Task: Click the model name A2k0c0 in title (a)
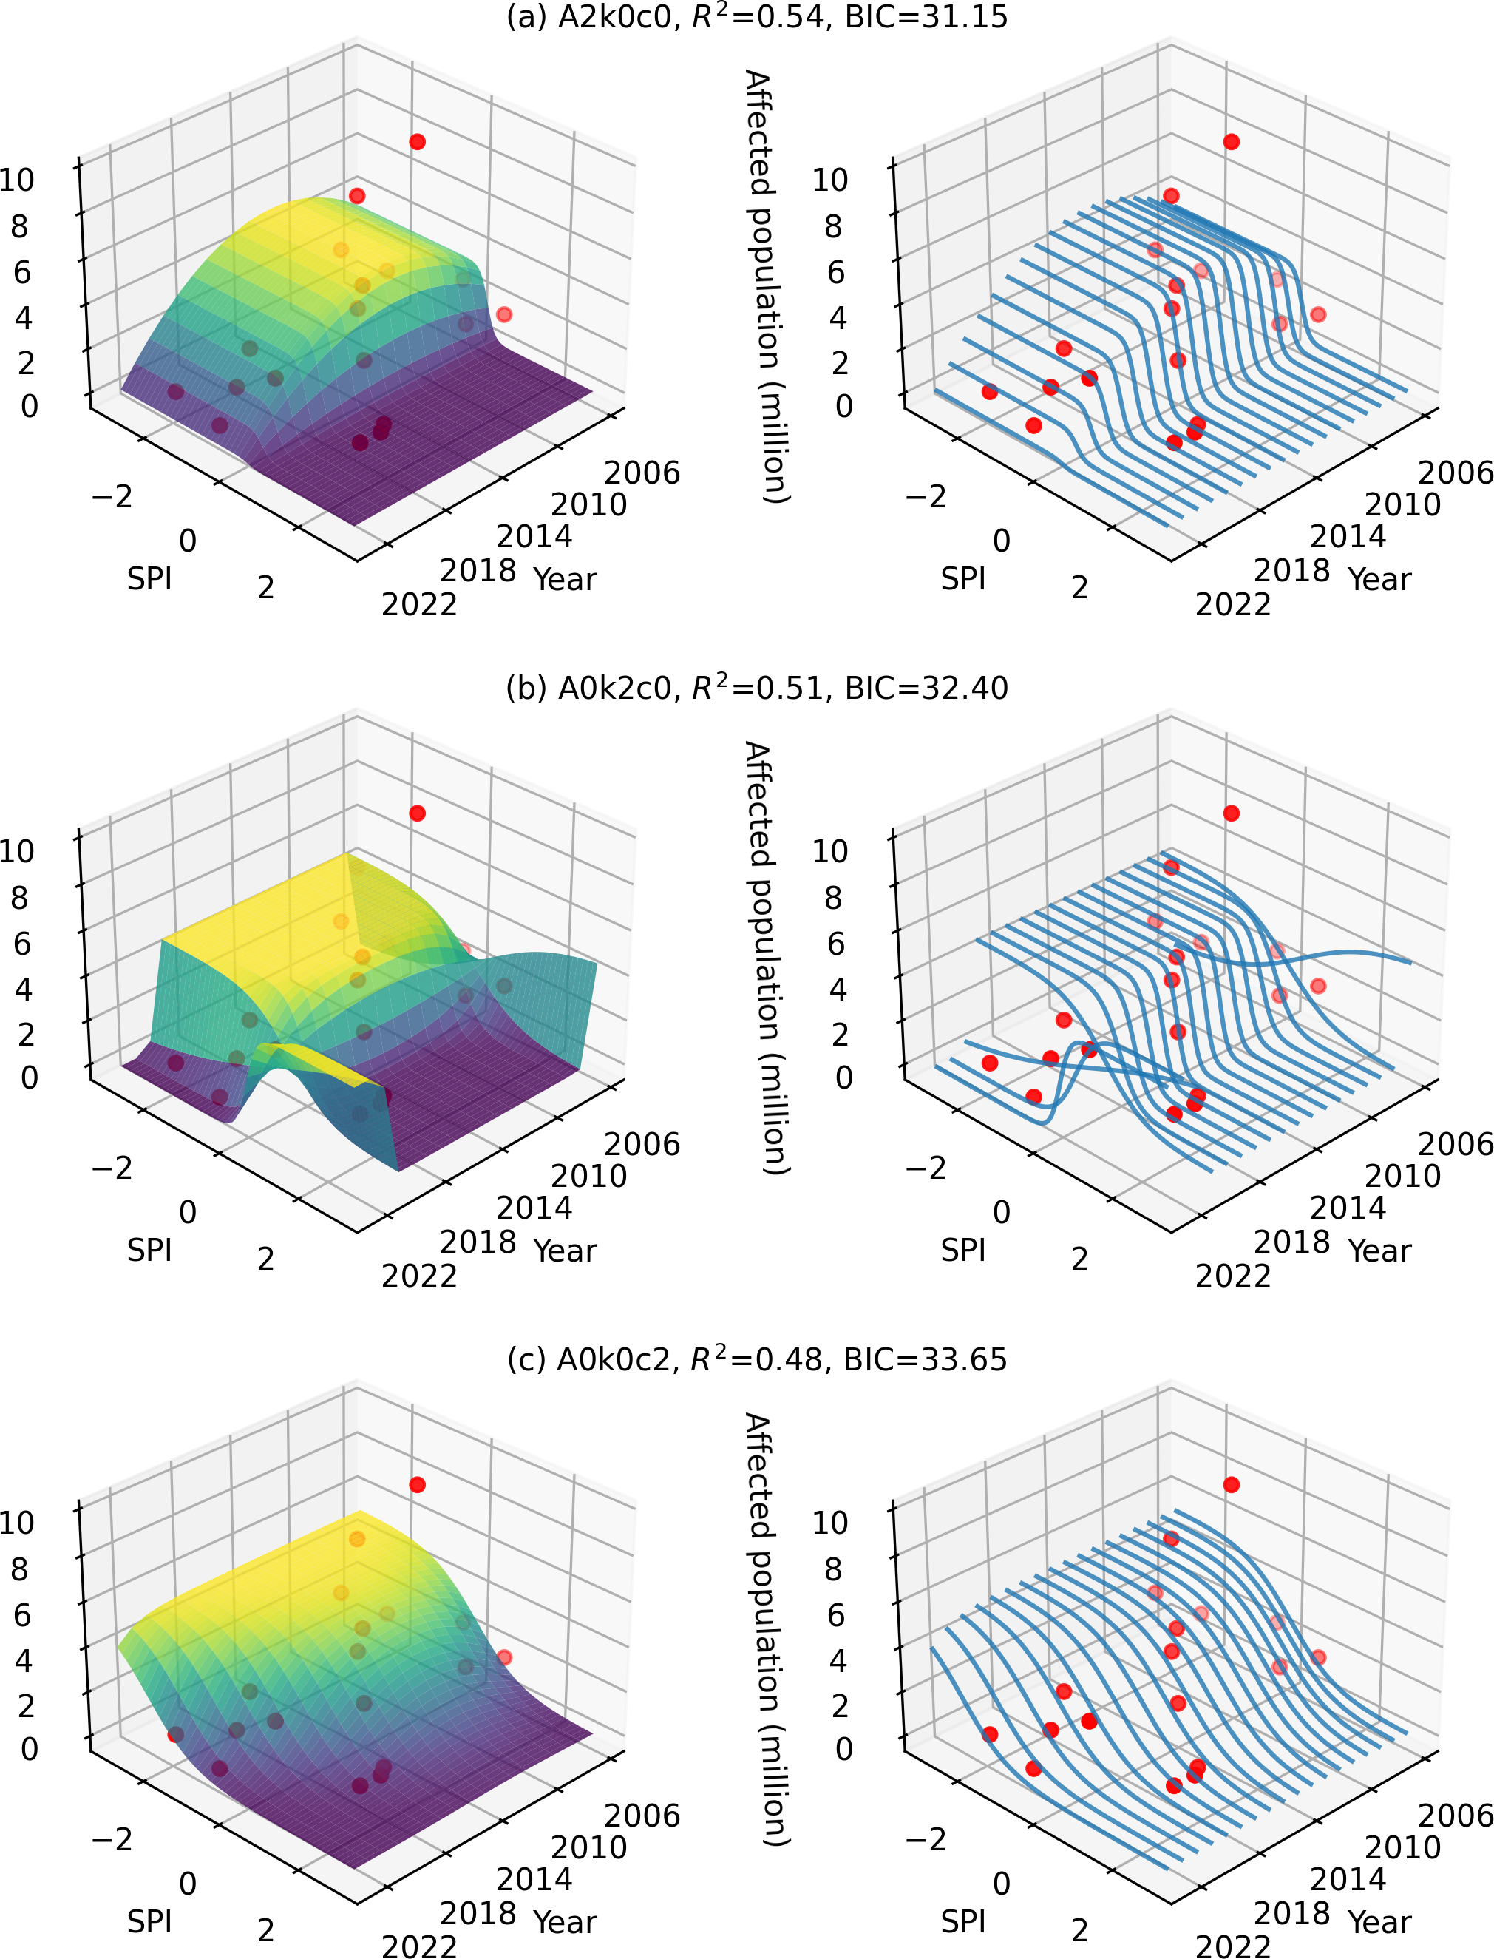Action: tap(615, 18)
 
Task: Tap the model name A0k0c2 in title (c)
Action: tap(614, 1360)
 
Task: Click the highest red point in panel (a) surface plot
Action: tap(417, 142)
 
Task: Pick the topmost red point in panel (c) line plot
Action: tap(1231, 1485)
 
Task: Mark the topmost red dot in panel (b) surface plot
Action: tap(417, 813)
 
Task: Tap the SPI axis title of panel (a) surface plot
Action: tap(149, 579)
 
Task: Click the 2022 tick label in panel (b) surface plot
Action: tap(419, 1276)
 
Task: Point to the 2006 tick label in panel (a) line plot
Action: tap(1455, 473)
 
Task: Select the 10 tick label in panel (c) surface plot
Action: tap(18, 1522)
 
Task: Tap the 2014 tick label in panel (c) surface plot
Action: tap(534, 1880)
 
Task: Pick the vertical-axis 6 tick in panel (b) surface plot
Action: tap(22, 943)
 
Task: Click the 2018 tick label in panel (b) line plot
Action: tap(1291, 1241)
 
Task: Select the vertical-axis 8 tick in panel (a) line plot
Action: tap(832, 227)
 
